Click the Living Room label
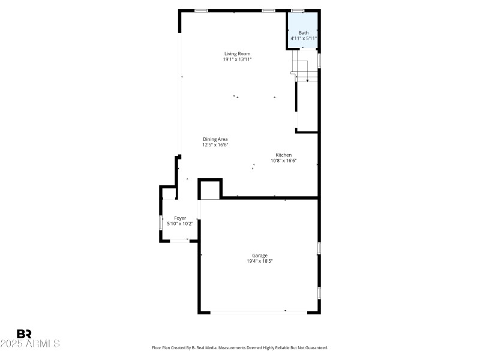[237, 53]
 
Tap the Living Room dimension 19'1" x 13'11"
[237, 59]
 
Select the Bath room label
[304, 32]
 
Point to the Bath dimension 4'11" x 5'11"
[304, 38]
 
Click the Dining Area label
[215, 139]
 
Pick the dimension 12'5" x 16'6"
[215, 145]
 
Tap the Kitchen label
[284, 155]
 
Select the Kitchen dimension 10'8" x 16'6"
[284, 160]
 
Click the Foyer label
[180, 218]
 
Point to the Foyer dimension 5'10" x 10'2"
[180, 224]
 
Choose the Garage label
[260, 256]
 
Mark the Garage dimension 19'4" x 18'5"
[260, 261]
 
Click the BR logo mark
[24, 334]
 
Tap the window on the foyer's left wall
[160, 223]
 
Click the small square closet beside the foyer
[210, 190]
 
